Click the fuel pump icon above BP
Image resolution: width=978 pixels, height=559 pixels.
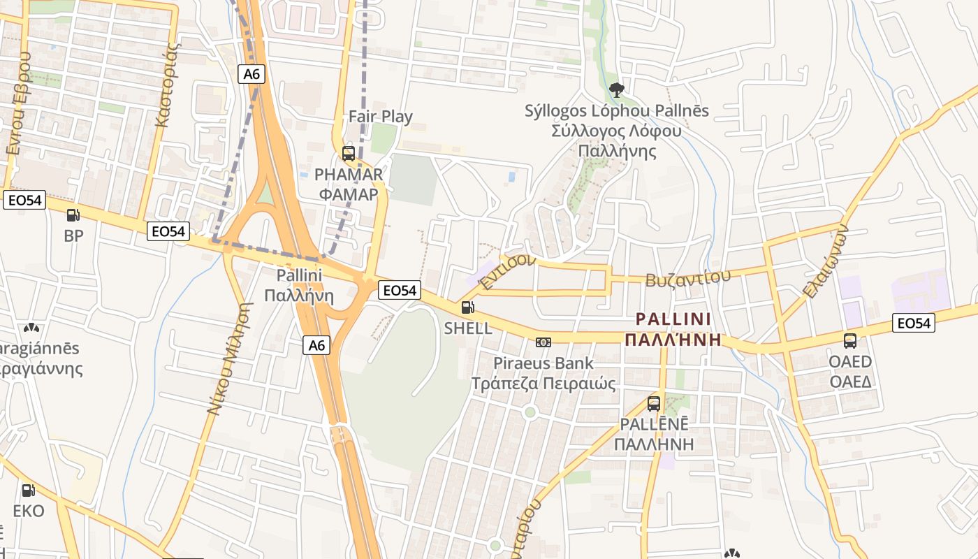click(73, 215)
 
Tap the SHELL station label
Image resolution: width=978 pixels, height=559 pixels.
click(468, 328)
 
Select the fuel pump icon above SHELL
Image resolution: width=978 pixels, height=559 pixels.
click(467, 307)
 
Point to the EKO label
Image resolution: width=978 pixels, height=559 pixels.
click(29, 511)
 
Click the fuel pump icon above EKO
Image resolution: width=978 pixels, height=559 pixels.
click(28, 491)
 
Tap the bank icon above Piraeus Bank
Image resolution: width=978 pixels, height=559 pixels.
click(543, 342)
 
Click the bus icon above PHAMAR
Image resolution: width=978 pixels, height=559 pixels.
click(348, 153)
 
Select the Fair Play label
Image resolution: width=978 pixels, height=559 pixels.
click(381, 117)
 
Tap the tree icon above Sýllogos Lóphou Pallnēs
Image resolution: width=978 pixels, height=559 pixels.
click(615, 89)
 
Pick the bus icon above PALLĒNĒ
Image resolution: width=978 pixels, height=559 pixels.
click(654, 403)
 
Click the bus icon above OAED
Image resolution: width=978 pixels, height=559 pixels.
click(850, 340)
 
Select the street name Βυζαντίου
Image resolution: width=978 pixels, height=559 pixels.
click(688, 277)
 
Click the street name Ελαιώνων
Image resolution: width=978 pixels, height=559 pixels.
click(825, 261)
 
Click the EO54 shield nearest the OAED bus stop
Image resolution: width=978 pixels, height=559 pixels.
click(913, 323)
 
